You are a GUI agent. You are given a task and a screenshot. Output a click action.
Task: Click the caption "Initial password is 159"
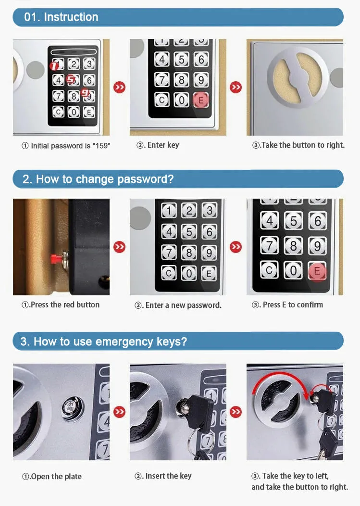tap(66, 146)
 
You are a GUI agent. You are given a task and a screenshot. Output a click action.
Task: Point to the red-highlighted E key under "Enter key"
tap(201, 100)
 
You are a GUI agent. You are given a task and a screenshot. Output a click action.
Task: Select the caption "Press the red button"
tap(61, 305)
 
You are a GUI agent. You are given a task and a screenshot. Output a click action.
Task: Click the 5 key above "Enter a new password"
tap(189, 231)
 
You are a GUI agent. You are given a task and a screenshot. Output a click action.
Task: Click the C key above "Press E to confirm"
tap(270, 270)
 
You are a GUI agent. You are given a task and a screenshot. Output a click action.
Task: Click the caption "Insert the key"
tap(163, 476)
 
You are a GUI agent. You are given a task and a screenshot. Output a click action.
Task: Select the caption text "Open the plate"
tap(52, 477)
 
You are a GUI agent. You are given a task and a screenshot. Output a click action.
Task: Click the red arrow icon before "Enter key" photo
tap(119, 88)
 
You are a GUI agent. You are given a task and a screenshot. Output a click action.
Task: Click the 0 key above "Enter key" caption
tap(181, 100)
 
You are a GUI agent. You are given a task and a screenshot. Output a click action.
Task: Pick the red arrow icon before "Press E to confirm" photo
tap(236, 247)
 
